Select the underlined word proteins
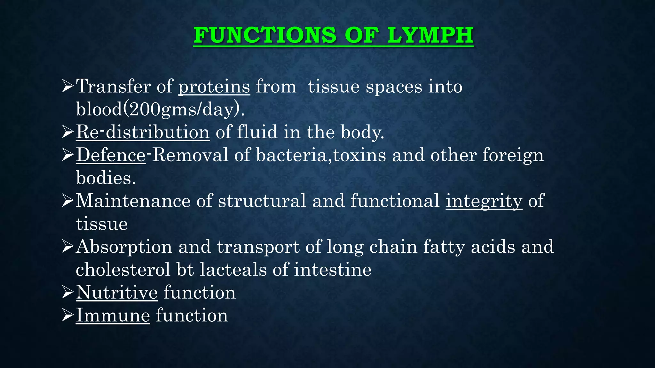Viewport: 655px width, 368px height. pyautogui.click(x=214, y=87)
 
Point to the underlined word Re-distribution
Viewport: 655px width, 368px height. pyautogui.click(x=143, y=132)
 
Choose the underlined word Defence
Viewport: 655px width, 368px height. pyautogui.click(x=111, y=155)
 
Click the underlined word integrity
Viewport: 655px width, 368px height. pyautogui.click(x=484, y=201)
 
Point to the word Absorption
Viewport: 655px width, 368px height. pyautogui.click(x=124, y=247)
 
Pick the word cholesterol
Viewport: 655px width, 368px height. pyautogui.click(x=123, y=270)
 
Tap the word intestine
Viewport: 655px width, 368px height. pyautogui.click(x=333, y=270)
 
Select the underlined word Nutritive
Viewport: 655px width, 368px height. pyautogui.click(x=117, y=292)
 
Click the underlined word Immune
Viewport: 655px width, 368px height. pyautogui.click(x=113, y=315)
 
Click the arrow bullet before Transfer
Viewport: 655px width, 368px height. pyautogui.click(x=68, y=86)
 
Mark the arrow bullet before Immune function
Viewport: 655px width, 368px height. pyautogui.click(x=68, y=315)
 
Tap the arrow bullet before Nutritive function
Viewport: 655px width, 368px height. pyautogui.click(x=68, y=292)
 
